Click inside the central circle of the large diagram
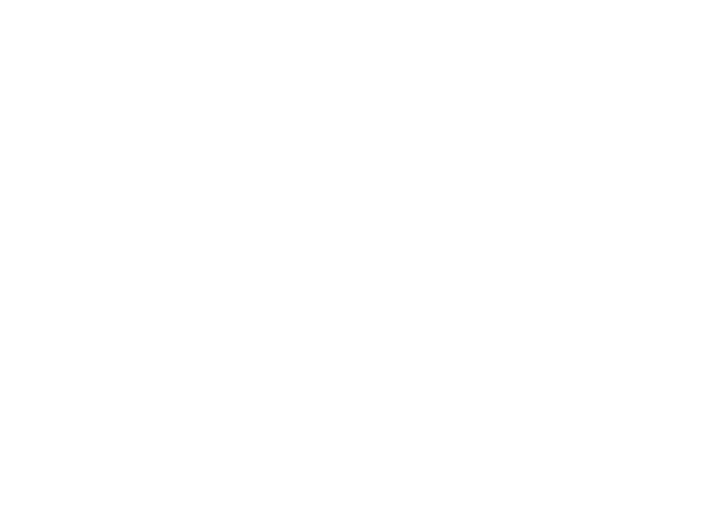pyautogui.click(x=444, y=262)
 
